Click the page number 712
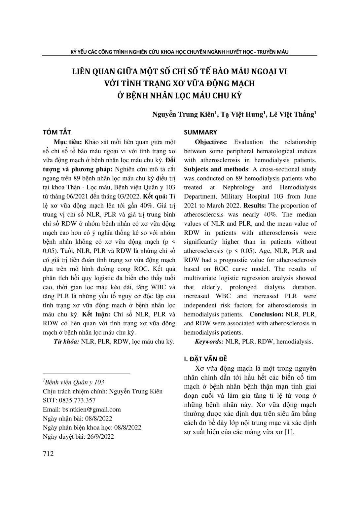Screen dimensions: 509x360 click(48, 454)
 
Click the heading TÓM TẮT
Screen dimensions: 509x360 click(57, 132)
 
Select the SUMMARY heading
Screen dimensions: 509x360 click(200, 132)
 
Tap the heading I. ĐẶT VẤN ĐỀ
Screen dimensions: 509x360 click(205, 359)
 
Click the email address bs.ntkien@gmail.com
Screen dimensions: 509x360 click(91, 409)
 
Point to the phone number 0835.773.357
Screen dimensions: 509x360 click(77, 400)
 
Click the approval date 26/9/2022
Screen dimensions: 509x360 click(99, 436)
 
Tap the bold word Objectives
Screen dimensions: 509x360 click(210, 142)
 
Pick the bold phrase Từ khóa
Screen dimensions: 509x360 click(66, 342)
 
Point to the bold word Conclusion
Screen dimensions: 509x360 click(266, 314)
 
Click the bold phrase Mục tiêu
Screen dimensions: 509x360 click(67, 142)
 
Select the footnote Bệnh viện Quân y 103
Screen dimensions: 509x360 click(74, 382)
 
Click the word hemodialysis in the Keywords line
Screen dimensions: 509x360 click(294, 342)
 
